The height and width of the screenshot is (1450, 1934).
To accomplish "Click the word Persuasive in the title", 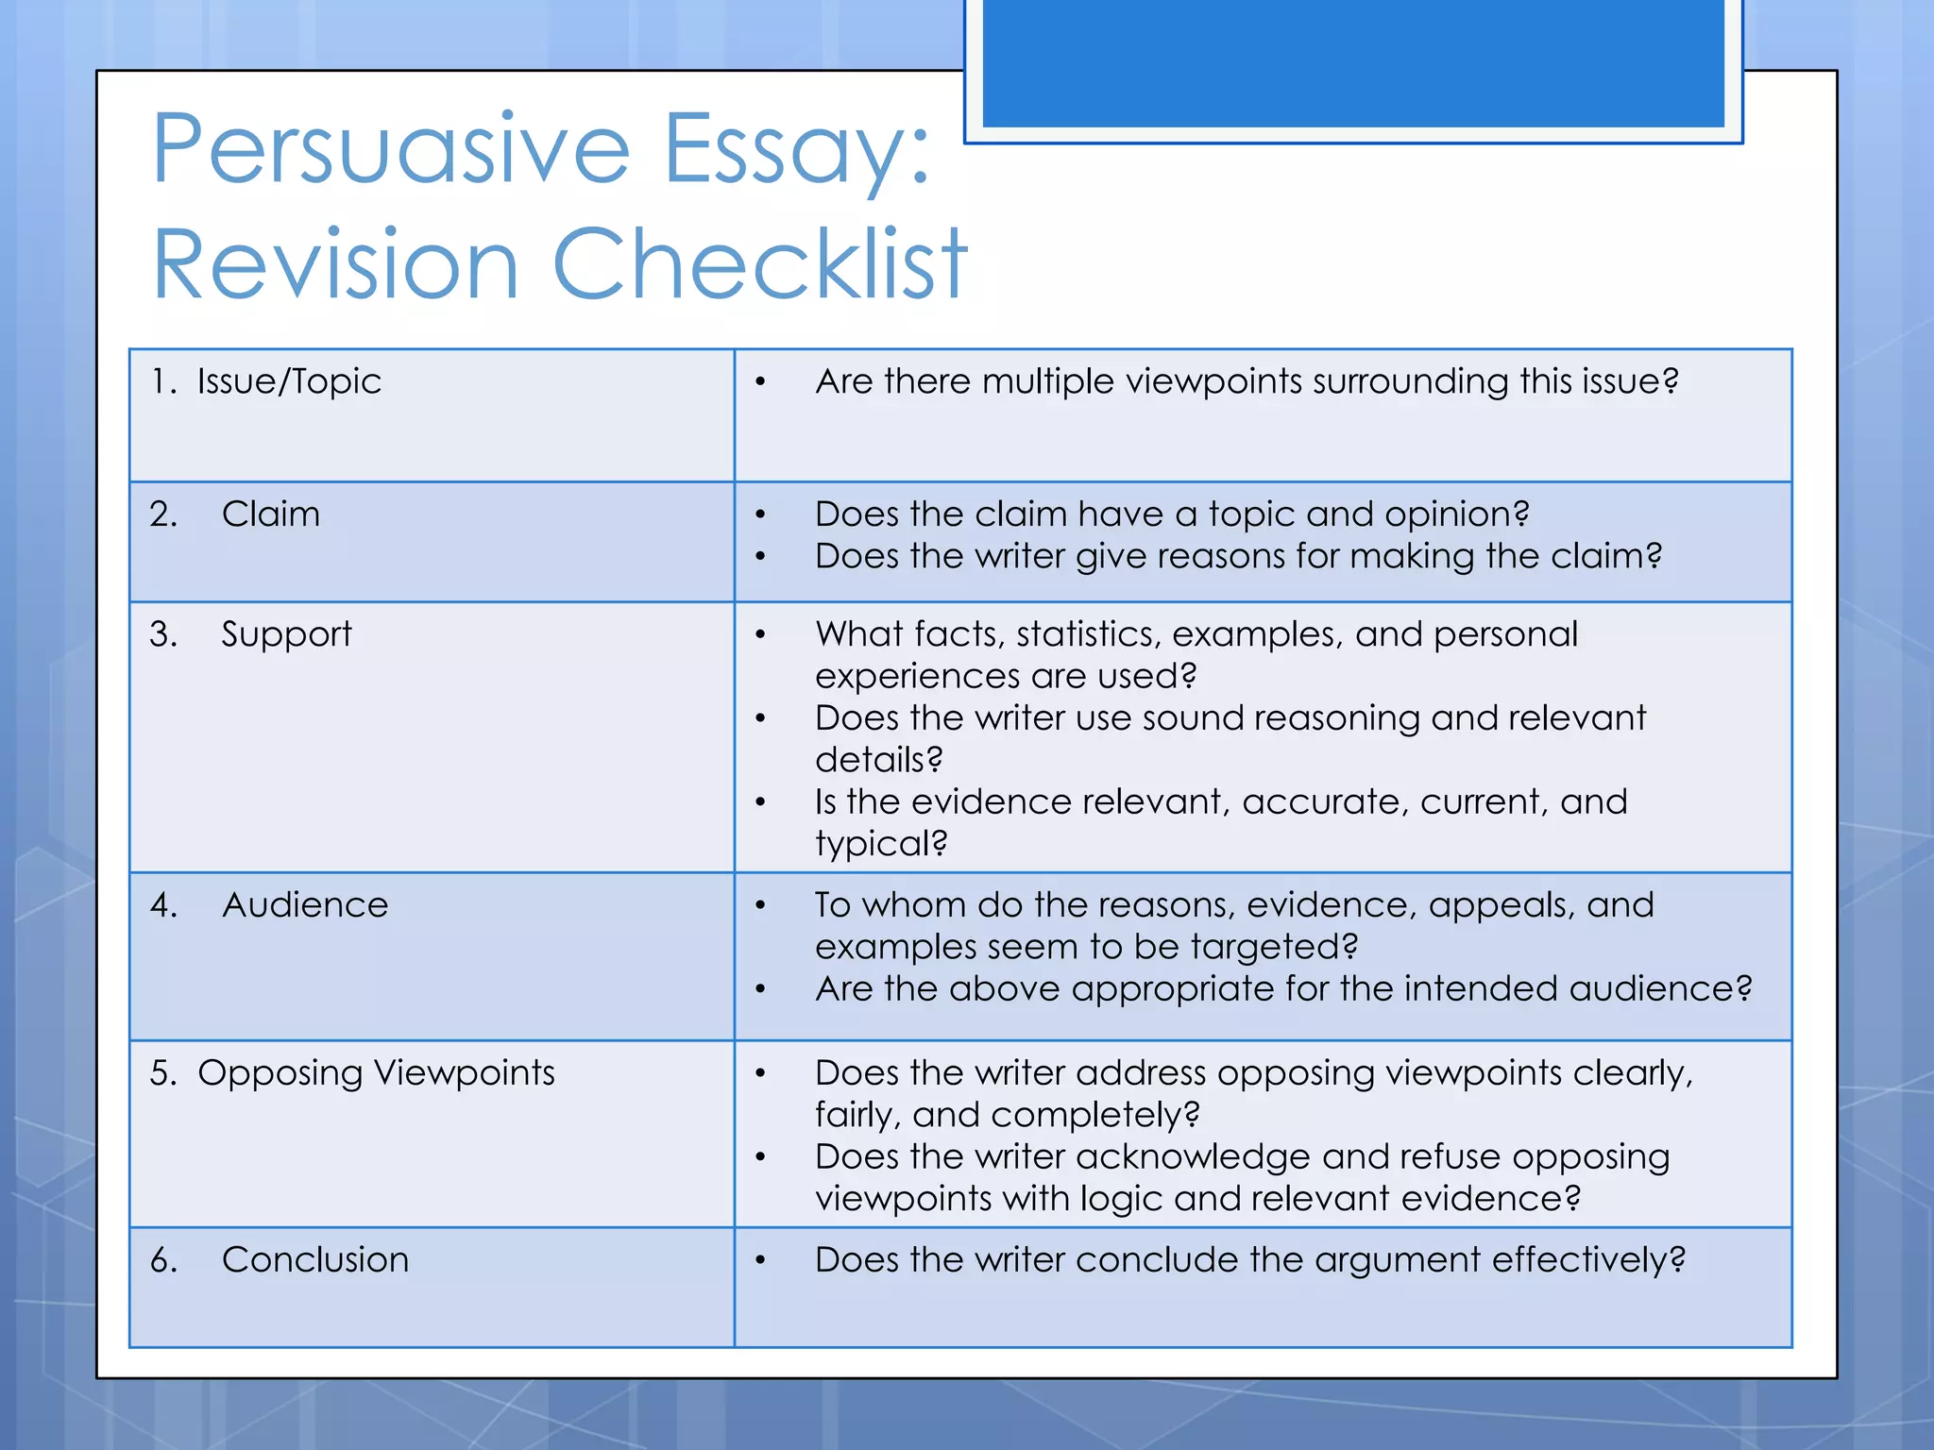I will (390, 149).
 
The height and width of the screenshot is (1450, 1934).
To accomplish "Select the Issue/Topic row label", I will (289, 381).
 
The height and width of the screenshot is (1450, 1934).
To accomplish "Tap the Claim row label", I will (270, 514).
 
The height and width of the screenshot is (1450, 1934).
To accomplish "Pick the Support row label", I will (286, 634).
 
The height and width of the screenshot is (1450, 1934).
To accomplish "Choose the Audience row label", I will (304, 905).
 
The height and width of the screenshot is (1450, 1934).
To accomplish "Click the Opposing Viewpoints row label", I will (376, 1073).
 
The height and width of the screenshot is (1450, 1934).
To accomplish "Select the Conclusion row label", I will (314, 1260).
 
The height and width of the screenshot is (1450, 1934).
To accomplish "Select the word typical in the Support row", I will (879, 844).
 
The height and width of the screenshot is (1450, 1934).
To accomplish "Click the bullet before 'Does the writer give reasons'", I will (760, 557).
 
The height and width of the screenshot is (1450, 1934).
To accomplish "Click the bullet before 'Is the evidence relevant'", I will (760, 802).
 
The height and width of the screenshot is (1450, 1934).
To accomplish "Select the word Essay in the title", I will (796, 149).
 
